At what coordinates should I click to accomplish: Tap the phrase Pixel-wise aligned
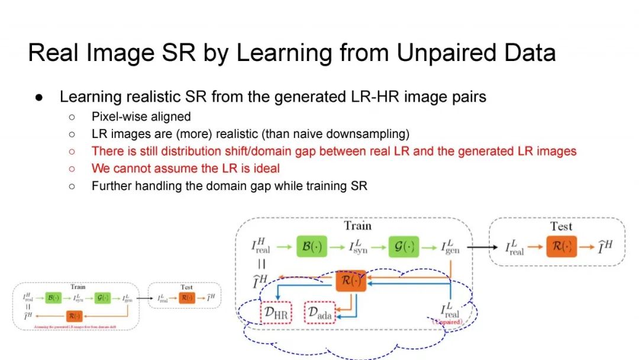pos(141,117)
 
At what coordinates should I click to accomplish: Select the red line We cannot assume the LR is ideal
pos(185,168)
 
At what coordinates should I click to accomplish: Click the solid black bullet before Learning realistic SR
pos(37,97)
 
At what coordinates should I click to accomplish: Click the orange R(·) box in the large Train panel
pos(351,280)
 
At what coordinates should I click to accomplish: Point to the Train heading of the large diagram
pos(357,226)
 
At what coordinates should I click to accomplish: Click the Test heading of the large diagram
pos(561,226)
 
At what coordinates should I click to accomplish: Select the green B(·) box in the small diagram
pos(51,298)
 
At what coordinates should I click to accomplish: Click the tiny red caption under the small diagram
pos(76,326)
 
